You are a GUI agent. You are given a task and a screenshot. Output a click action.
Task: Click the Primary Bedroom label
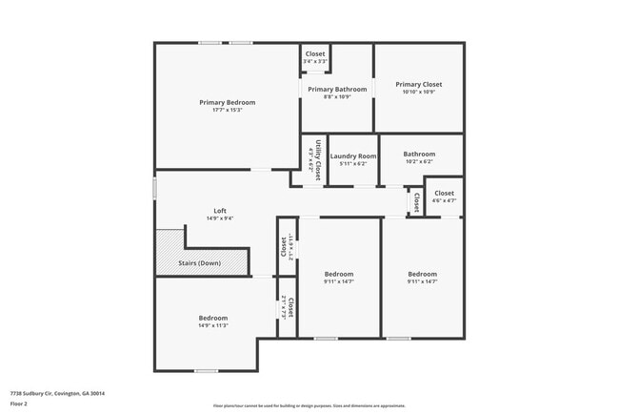click(227, 102)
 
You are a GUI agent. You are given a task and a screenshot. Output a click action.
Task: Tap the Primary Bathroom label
click(337, 90)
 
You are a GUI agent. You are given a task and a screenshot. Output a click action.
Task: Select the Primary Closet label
click(419, 84)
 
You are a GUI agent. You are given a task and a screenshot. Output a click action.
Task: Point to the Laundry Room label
click(353, 155)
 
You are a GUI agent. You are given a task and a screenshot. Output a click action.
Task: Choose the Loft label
click(220, 211)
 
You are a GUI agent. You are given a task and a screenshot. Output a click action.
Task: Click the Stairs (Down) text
click(201, 262)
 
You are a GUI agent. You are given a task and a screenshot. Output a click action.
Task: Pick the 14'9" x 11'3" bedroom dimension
click(213, 325)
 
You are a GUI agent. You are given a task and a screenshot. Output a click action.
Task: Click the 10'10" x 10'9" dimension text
click(419, 92)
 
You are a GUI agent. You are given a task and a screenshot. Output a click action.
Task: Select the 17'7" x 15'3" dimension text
click(227, 110)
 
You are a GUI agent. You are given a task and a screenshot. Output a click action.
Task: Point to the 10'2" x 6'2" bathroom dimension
click(419, 162)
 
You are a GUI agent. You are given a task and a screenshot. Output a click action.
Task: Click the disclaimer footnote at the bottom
click(309, 405)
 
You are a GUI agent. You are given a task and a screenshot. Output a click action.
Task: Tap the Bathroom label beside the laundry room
click(419, 154)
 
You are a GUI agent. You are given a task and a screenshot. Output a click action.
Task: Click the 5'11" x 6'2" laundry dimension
click(353, 163)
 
